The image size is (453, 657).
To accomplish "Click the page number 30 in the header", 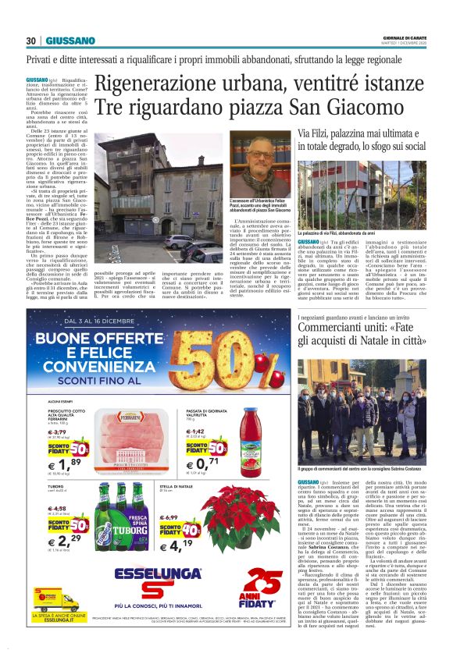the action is pos(30,41).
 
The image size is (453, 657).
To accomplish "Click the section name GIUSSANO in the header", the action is pos(70,41).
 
